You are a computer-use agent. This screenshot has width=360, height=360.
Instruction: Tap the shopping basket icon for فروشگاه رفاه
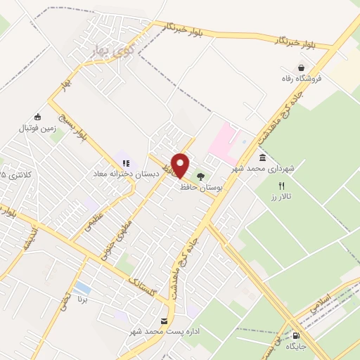point(301,68)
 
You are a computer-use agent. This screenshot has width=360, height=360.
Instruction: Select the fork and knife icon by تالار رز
point(281,186)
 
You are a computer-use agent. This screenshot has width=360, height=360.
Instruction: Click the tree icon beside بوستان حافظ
point(201,177)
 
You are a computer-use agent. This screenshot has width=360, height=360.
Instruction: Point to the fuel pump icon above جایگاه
point(295,335)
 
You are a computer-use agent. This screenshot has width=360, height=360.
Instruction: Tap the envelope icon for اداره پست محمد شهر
point(164,321)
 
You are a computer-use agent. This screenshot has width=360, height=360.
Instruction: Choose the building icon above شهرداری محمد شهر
point(262,158)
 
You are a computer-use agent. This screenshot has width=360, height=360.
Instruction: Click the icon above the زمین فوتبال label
point(37,117)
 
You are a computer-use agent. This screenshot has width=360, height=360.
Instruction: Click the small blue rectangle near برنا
point(82,288)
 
